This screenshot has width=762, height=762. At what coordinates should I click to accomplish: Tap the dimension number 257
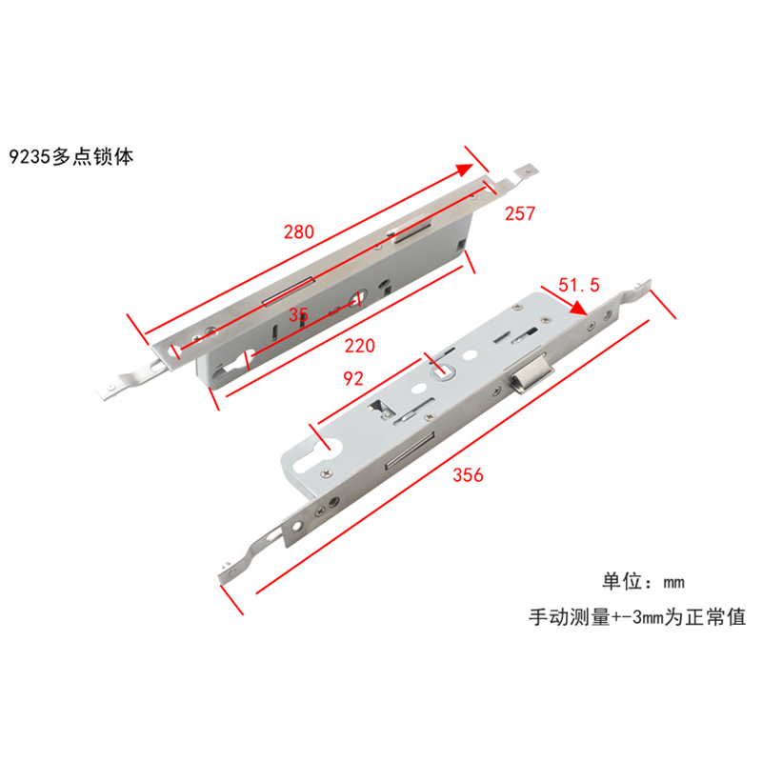click(x=520, y=214)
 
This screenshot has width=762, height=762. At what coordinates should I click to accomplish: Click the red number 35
click(x=299, y=313)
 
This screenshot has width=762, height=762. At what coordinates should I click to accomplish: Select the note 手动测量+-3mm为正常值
click(x=637, y=617)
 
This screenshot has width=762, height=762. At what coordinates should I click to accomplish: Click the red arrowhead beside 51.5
click(x=578, y=308)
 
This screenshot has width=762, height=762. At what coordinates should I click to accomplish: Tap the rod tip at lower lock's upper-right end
click(x=644, y=286)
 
